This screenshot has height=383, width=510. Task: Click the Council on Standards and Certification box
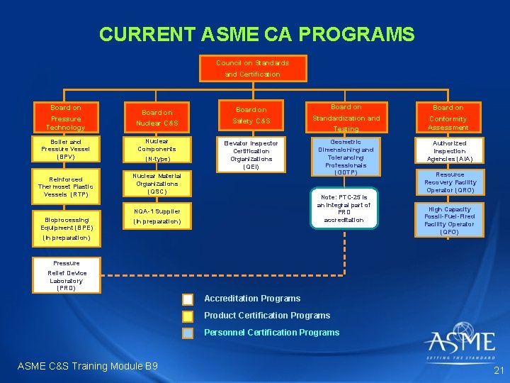point(252,68)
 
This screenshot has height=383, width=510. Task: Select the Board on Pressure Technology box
point(65,118)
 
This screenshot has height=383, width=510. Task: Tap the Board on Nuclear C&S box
point(157,118)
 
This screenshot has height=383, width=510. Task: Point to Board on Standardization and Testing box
point(346,118)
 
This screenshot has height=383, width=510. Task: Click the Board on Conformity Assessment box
point(448,118)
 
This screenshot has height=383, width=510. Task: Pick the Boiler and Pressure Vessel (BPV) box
point(65,150)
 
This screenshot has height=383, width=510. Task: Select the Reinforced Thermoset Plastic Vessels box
point(65,187)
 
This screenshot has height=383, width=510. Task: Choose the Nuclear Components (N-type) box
point(157,150)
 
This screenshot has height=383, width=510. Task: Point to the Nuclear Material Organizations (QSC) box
point(157,184)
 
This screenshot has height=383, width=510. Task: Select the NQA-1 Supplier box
point(157,216)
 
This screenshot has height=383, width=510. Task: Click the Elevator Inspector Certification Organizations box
point(251,155)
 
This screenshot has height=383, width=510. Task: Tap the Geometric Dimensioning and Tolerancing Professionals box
point(346,157)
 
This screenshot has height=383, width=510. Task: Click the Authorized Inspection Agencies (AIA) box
point(449,151)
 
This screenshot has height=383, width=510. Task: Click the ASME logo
point(460,343)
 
